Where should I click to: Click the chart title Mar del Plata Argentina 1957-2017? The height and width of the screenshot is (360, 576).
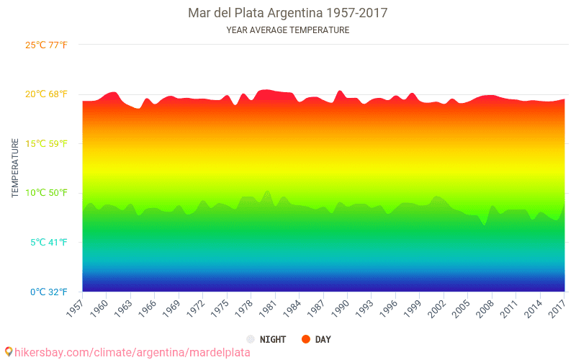(x=287, y=13)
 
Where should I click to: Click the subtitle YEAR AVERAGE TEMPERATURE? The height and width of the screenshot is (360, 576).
(x=287, y=30)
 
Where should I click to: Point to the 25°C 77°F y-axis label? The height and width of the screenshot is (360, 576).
(x=47, y=45)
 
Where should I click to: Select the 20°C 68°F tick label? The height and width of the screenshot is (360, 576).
(x=47, y=94)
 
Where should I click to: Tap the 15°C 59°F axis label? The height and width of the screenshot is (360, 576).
(x=47, y=143)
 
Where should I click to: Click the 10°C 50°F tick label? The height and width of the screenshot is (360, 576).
(x=47, y=193)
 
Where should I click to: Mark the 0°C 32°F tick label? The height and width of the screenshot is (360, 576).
(x=48, y=292)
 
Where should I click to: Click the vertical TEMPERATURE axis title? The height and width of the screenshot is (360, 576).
(x=15, y=168)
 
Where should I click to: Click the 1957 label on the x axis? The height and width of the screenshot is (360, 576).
(x=75, y=307)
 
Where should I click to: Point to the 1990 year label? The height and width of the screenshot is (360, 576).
(x=340, y=307)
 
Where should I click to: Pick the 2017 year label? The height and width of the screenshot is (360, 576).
(x=557, y=307)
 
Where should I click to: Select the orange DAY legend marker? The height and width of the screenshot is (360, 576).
(x=305, y=339)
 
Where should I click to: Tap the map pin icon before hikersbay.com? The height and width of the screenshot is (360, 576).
(x=8, y=352)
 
